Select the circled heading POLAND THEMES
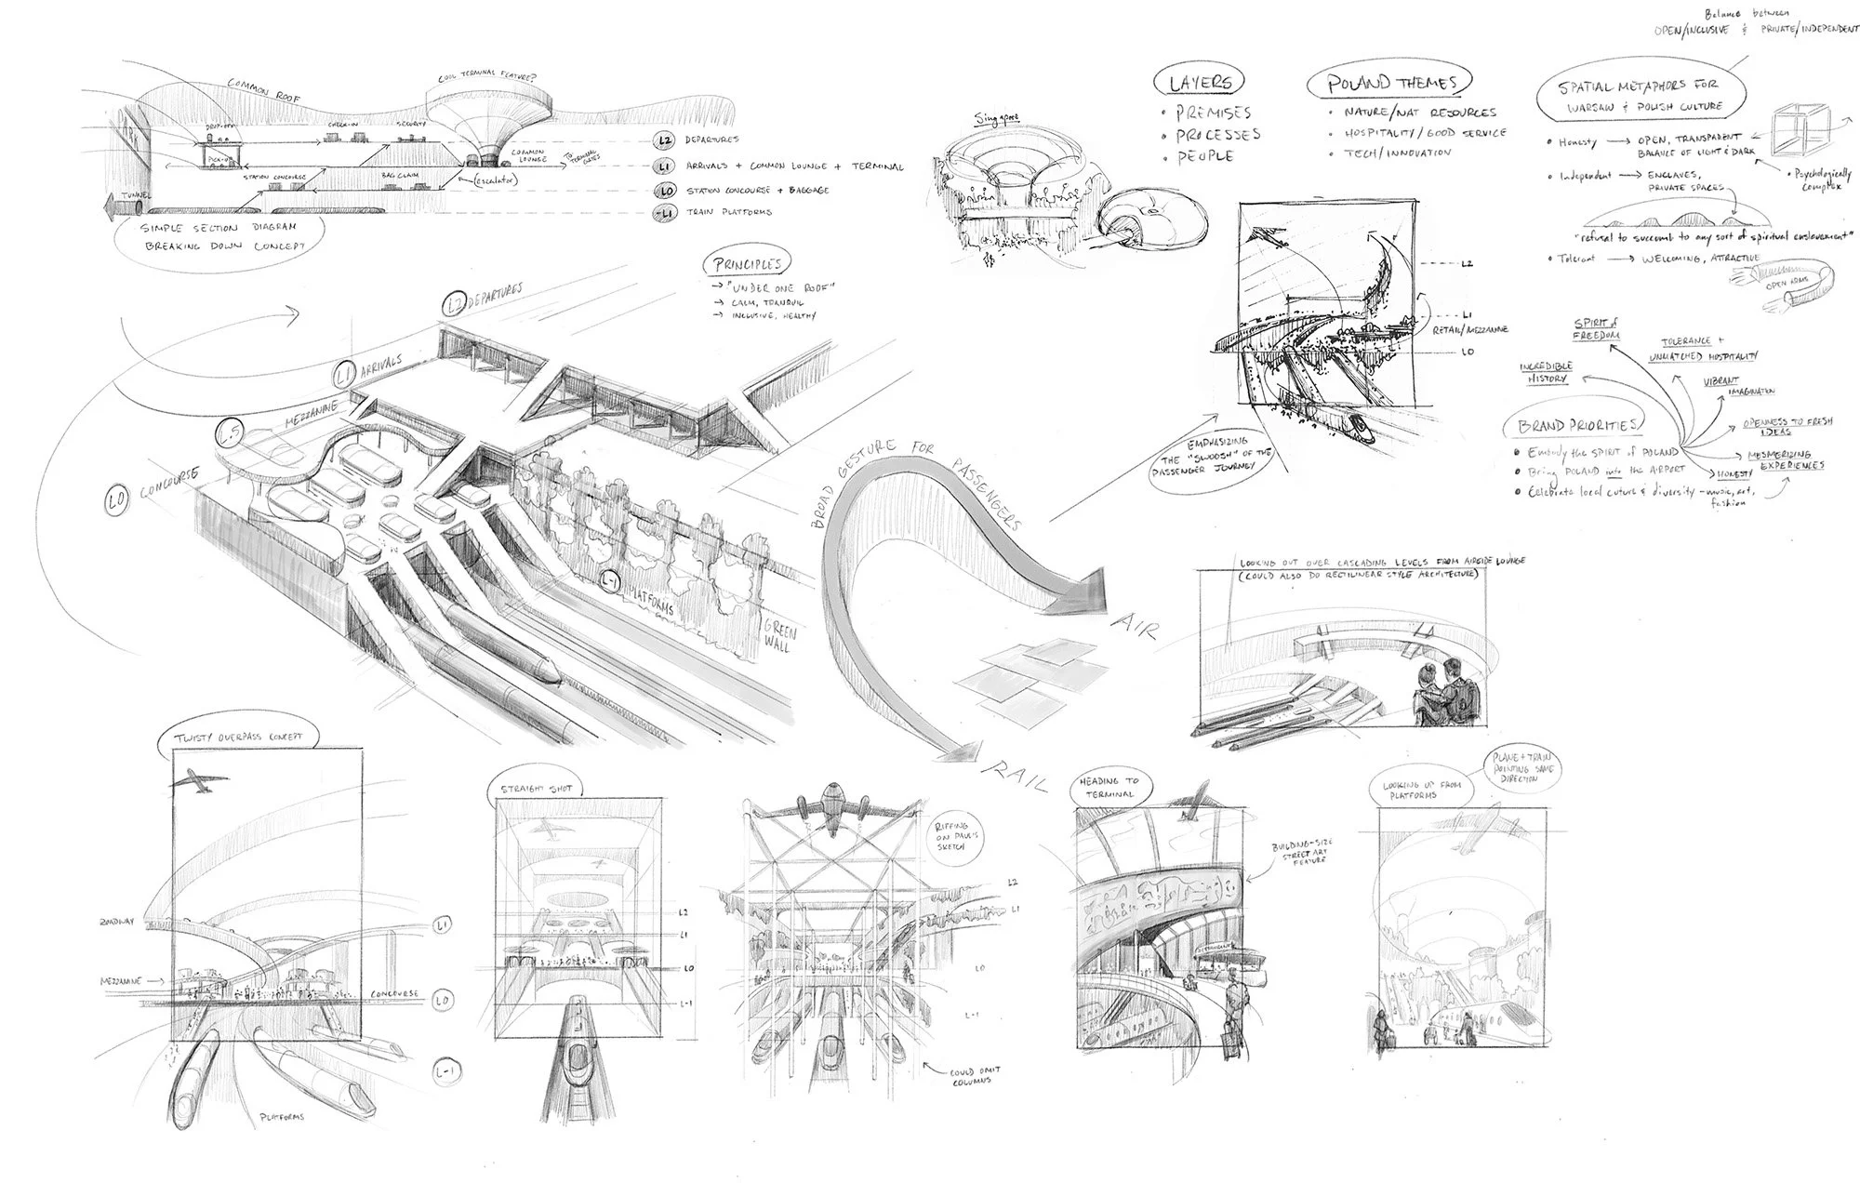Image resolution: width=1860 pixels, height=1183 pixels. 1380,83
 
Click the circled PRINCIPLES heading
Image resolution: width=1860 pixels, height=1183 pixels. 747,265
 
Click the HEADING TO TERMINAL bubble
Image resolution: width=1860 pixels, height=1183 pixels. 1110,788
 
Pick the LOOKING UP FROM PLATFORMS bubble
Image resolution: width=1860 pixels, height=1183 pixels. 1415,792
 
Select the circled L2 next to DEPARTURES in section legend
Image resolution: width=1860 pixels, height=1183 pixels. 664,140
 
